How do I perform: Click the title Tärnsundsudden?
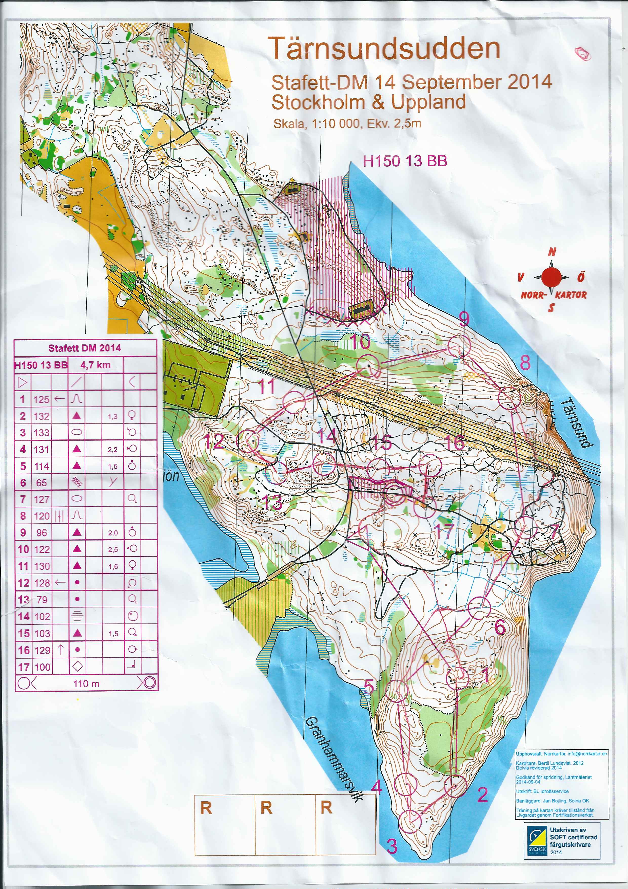coord(385,48)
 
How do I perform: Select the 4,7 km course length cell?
coord(95,364)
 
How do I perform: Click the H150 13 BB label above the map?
coord(405,161)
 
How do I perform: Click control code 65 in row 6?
coord(41,483)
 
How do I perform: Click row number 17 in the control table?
coord(23,667)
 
